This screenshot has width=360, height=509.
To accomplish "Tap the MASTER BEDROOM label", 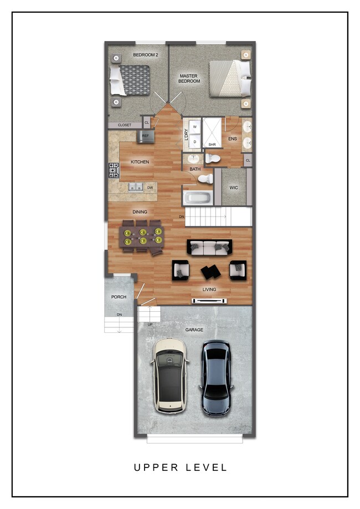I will pyautogui.click(x=189, y=78).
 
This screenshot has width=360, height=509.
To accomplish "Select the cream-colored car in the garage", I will pyautogui.click(x=170, y=375).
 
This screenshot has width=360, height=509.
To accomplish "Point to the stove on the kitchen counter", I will pyautogui.click(x=114, y=170).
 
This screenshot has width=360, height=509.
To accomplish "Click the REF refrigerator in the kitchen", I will pyautogui.click(x=146, y=136).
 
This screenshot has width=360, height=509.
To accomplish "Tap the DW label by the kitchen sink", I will pyautogui.click(x=150, y=188).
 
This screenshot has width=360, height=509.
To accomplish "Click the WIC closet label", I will pyautogui.click(x=234, y=188).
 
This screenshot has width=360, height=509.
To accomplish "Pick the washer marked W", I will pyautogui.click(x=195, y=127).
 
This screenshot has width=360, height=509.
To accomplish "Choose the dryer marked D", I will pyautogui.click(x=195, y=142).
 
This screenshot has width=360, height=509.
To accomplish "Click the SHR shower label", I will pyautogui.click(x=212, y=145).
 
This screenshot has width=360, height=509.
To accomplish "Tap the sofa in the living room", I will pyautogui.click(x=209, y=248).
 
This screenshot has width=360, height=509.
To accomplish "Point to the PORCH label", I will pyautogui.click(x=119, y=297).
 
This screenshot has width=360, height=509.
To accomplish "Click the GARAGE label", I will pyautogui.click(x=194, y=330).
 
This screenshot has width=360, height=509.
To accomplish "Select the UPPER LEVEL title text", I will pyautogui.click(x=180, y=467).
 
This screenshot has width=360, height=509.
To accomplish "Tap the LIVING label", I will pyautogui.click(x=209, y=289).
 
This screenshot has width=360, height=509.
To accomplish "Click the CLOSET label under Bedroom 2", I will pyautogui.click(x=125, y=125).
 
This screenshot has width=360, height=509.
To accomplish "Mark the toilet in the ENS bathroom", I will pyautogui.click(x=213, y=159).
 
